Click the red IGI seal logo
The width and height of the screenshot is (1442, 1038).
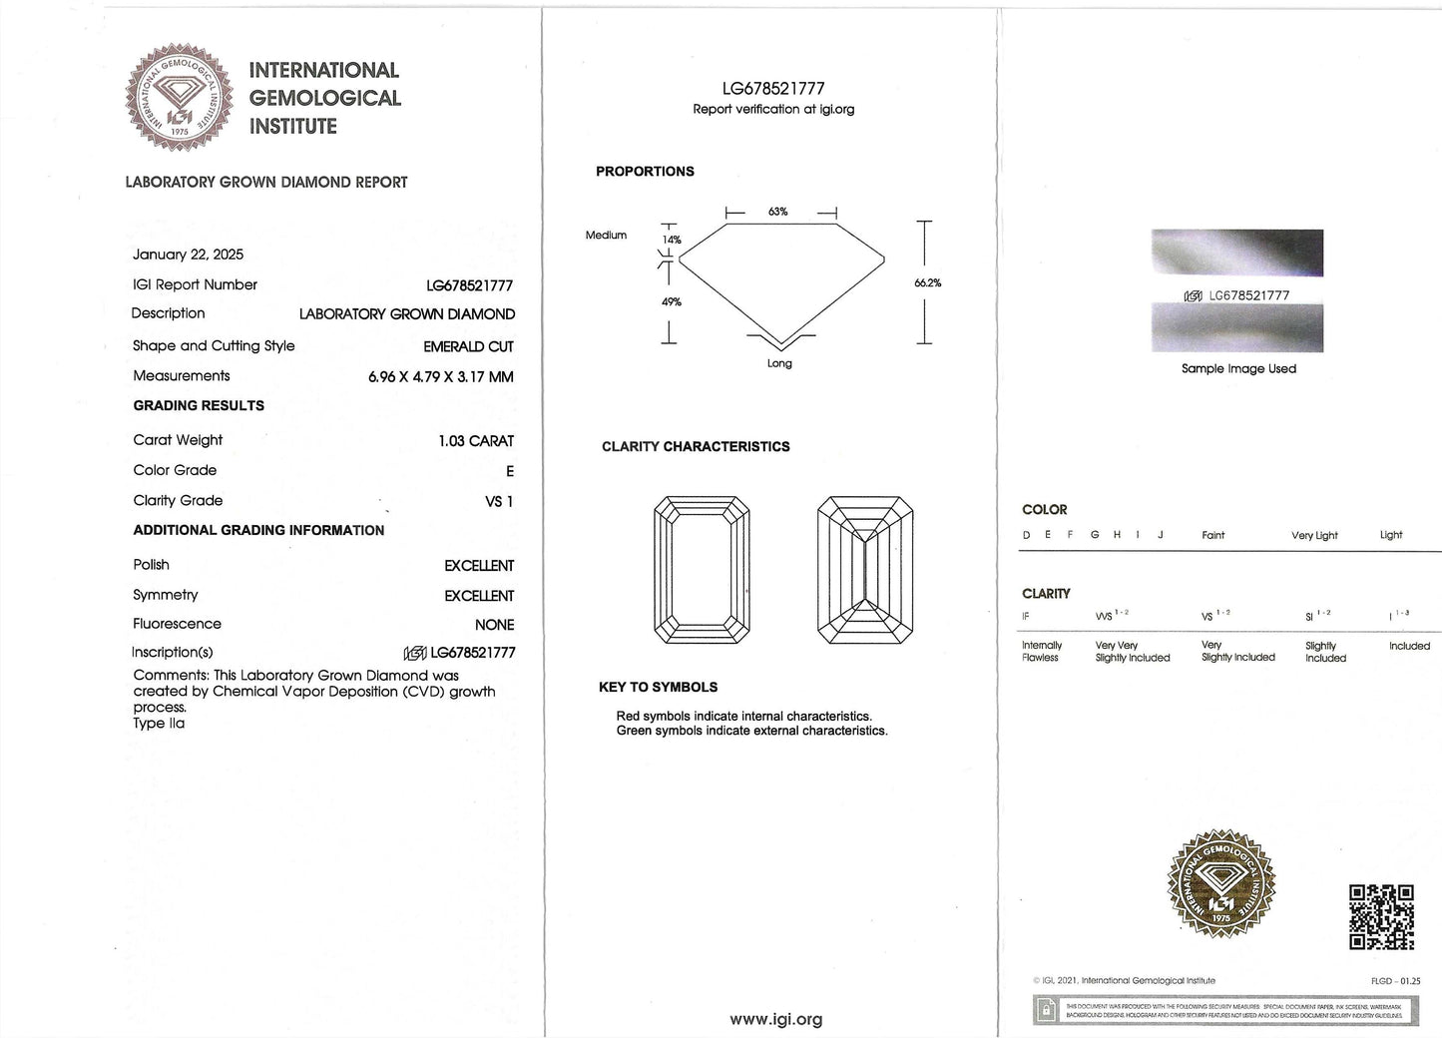(180, 98)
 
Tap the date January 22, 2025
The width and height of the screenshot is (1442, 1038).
(188, 255)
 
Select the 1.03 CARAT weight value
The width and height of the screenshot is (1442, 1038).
(476, 441)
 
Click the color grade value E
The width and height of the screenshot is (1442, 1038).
(509, 471)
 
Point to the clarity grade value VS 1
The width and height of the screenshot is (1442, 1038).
(499, 501)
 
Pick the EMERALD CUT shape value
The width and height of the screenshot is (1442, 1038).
(468, 346)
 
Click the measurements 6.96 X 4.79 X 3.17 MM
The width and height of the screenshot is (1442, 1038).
(440, 377)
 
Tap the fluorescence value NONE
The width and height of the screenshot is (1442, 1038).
(494, 625)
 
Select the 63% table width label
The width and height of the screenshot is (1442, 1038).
(777, 212)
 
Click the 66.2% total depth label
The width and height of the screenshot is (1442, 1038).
(927, 283)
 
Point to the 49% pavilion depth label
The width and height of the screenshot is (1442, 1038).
(672, 301)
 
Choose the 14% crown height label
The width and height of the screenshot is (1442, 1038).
(672, 240)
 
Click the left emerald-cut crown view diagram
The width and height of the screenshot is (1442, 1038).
(702, 570)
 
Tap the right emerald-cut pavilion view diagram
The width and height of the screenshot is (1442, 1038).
(864, 570)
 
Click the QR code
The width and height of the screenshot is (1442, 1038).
(1381, 916)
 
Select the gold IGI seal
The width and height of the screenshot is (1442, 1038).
(1220, 883)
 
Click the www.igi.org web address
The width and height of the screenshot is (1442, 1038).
(775, 1019)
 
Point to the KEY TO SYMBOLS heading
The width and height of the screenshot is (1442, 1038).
(658, 687)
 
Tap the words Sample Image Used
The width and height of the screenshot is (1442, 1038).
(1238, 368)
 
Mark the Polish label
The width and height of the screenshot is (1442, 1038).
(152, 565)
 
